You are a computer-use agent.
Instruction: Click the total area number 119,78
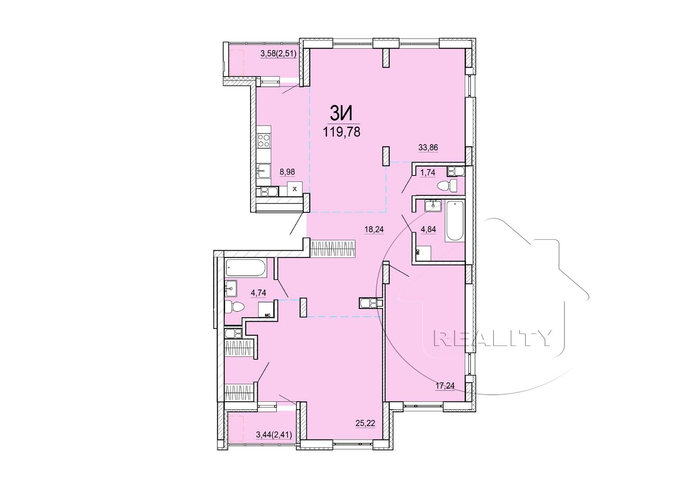click(341, 132)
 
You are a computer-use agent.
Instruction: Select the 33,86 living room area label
click(428, 147)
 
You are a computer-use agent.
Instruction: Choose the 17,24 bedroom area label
click(445, 386)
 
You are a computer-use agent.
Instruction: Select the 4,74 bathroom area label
click(258, 292)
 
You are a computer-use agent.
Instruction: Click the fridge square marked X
click(295, 189)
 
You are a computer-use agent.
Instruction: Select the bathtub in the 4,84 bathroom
click(454, 221)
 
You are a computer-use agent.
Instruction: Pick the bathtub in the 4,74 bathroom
click(246, 267)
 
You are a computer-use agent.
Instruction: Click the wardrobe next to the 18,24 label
click(333, 248)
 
